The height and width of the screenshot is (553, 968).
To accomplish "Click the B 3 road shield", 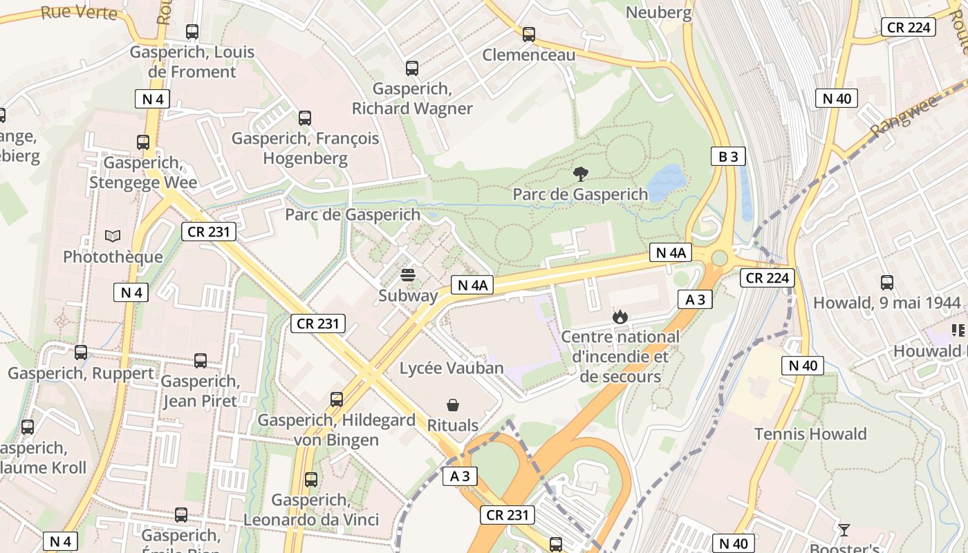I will [728, 156].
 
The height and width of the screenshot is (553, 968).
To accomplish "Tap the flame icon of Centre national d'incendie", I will [620, 317].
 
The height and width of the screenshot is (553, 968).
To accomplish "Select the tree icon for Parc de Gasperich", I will [581, 174].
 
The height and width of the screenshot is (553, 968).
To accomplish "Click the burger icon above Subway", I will [408, 275].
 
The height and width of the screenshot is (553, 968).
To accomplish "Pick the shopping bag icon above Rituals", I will [453, 404].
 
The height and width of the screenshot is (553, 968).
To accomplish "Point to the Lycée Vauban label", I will [452, 368].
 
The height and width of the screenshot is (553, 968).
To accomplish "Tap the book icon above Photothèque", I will [113, 236].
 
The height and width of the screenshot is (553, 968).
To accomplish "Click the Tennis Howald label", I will [810, 434].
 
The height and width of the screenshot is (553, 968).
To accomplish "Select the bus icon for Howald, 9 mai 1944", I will [887, 282].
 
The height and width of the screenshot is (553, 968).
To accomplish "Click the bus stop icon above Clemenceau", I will [529, 34].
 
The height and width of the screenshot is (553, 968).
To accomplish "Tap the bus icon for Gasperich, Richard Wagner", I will [412, 68].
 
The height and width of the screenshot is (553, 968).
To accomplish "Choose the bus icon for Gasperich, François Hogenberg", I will [305, 118].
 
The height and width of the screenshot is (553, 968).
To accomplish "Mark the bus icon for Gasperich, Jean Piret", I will [201, 360].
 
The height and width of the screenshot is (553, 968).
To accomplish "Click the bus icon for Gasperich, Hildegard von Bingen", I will [337, 399].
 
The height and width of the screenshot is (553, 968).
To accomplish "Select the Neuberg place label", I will [658, 12].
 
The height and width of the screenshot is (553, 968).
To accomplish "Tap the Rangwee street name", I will [903, 115].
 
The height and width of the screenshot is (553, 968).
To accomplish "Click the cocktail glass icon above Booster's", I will [844, 530].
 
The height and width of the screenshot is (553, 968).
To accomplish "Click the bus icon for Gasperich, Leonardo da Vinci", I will [311, 479].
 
